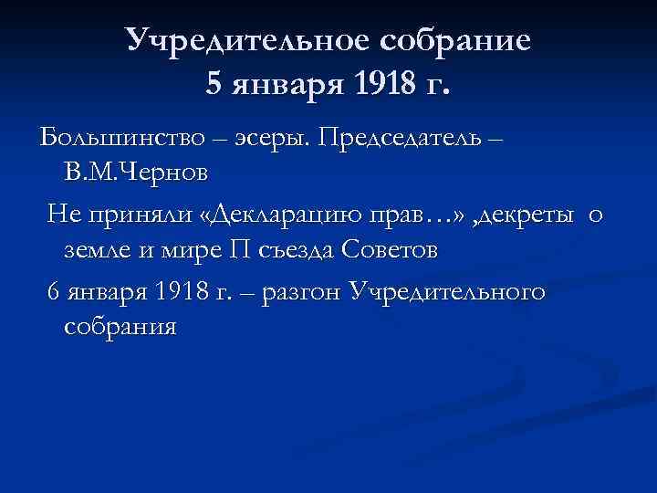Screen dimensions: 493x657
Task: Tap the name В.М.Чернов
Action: pyautogui.click(x=136, y=172)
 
